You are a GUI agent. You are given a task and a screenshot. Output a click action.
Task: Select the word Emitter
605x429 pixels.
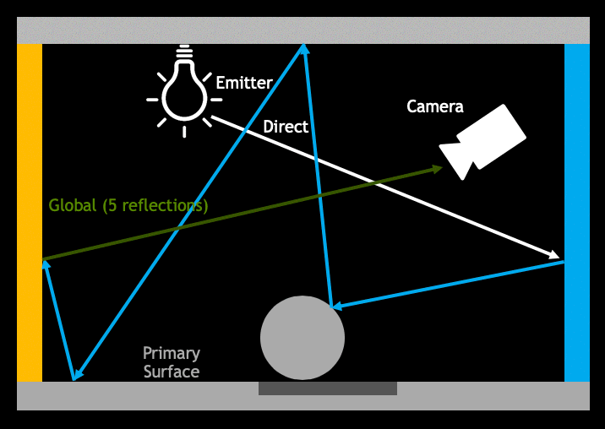click(x=243, y=83)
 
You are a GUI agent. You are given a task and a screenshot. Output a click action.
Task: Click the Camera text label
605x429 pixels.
click(x=434, y=106)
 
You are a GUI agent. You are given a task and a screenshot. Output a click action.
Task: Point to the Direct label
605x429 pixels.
click(x=286, y=127)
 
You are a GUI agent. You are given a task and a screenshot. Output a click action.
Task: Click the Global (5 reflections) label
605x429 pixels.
click(x=128, y=205)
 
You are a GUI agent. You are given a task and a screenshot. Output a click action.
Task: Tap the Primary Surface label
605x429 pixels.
click(x=172, y=362)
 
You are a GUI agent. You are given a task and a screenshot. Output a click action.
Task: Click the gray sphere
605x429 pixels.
click(x=302, y=338)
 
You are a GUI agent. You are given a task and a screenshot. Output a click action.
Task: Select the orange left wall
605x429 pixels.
click(x=30, y=211)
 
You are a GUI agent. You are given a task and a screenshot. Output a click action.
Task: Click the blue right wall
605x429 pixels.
click(x=576, y=211)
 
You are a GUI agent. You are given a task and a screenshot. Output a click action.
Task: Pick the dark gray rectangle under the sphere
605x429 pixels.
click(x=327, y=388)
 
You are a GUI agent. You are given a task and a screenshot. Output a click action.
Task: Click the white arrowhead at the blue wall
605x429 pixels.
click(x=553, y=254)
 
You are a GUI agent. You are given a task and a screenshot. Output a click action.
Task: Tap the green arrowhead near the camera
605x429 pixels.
click(x=435, y=169)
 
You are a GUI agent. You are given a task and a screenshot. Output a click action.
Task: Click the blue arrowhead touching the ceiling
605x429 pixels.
click(x=302, y=50)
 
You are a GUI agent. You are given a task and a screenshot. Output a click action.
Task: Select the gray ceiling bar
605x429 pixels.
click(x=302, y=30)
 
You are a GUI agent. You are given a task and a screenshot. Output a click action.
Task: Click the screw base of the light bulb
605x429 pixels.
click(x=184, y=55)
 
